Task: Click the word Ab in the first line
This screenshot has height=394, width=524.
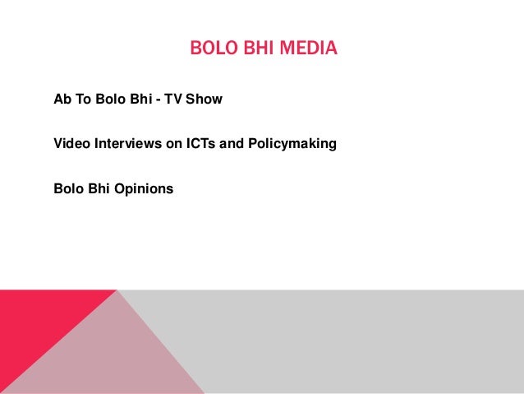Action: [62, 100]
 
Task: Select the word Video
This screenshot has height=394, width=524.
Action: [71, 144]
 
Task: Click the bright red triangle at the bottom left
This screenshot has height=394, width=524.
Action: [33, 329]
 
